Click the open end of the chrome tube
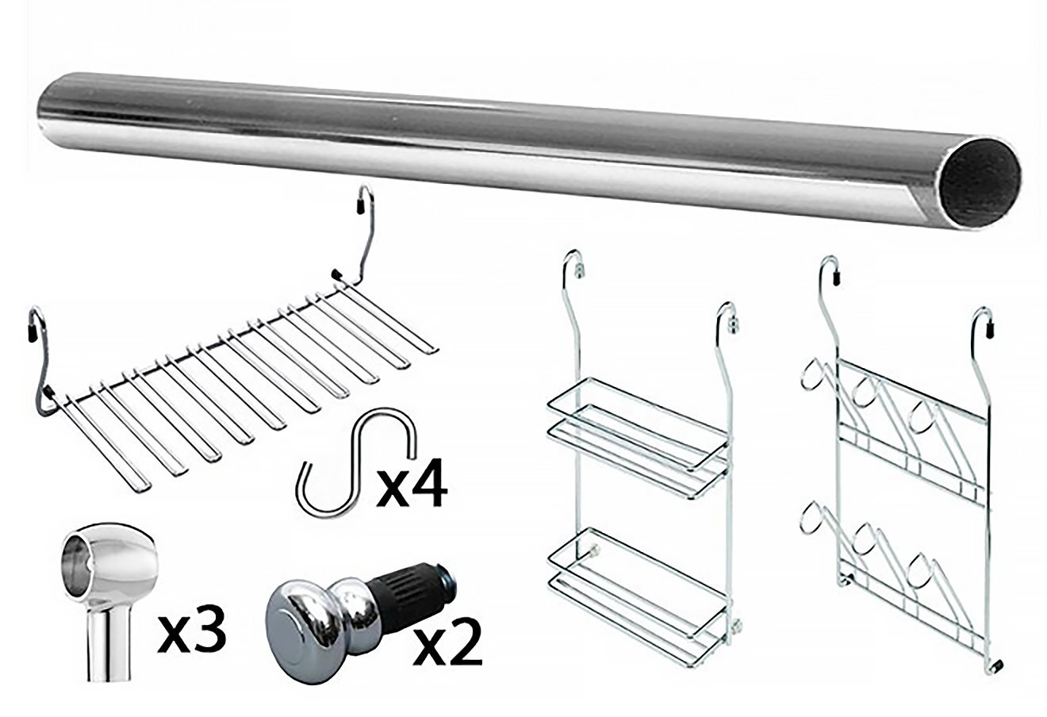coord(980,187)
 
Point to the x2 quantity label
coord(447,642)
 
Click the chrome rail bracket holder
coord(109,599)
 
